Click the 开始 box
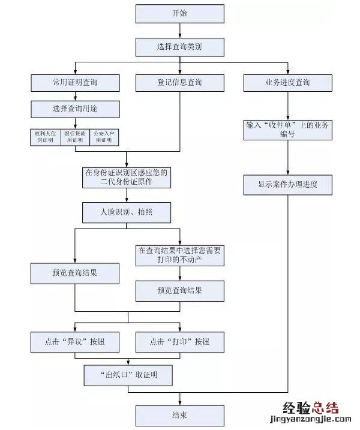pyautogui.click(x=179, y=13)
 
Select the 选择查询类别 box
pyautogui.click(x=179, y=47)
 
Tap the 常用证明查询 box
pyautogui.click(x=75, y=82)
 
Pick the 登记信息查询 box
pyautogui.click(x=179, y=82)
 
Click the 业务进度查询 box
pyautogui.click(x=287, y=82)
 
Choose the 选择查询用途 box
pyautogui.click(x=75, y=109)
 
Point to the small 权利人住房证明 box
pyautogui.click(x=45, y=137)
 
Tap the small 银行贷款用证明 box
pyautogui.click(x=75, y=137)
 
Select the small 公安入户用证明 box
pyautogui.click(x=104, y=137)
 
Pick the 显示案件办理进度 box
pyautogui.click(x=287, y=184)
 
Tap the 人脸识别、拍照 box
pyautogui.click(x=127, y=212)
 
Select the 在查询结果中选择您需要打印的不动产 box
pyautogui.click(x=179, y=255)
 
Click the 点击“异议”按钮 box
pyautogui.click(x=75, y=342)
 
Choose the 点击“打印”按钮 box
pyautogui.click(x=179, y=342)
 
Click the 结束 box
pyautogui.click(x=179, y=415)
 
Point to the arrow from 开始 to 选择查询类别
pyautogui.click(x=179, y=31)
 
